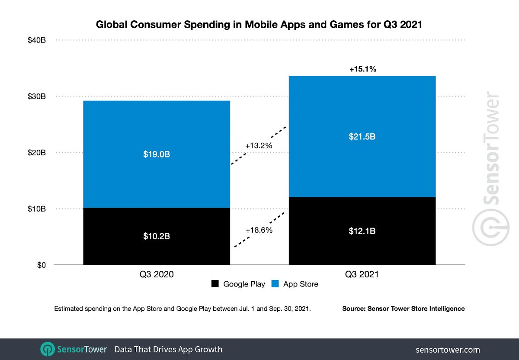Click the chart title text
259,25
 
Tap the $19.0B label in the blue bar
157,154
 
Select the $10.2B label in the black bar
157,237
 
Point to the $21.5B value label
362,137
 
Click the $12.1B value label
362,231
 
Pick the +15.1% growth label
362,69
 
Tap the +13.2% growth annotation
259,146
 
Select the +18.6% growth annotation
259,230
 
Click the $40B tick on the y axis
37,40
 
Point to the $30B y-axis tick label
37,96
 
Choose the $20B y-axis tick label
37,153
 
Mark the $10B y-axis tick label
37,209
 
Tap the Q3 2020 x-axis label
157,274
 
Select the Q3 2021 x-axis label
362,274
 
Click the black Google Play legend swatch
215,284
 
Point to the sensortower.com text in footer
448,350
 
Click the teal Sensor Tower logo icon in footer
48,349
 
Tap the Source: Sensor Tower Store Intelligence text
403,309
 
